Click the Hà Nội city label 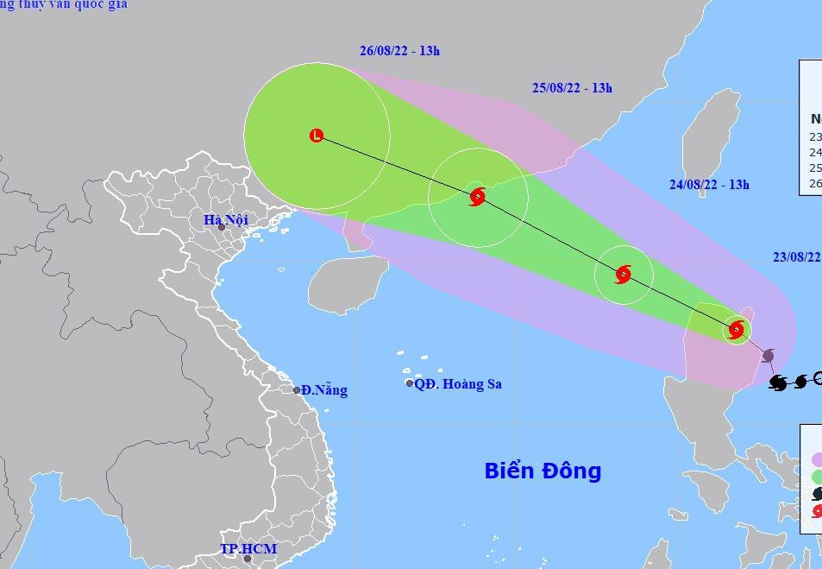[226, 220]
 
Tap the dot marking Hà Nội [222, 227]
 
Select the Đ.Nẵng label [324, 390]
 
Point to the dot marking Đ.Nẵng [297, 390]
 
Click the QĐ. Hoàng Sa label [458, 384]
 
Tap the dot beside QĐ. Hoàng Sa [410, 383]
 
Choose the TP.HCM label [248, 549]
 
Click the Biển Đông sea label [543, 471]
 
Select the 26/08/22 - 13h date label [399, 51]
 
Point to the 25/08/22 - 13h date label [572, 88]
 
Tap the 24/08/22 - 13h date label [709, 184]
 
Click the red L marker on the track [317, 136]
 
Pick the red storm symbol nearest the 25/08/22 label [477, 197]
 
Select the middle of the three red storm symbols [623, 275]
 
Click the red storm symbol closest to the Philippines [736, 329]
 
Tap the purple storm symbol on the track [768, 356]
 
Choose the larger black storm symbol [778, 382]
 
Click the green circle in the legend [816, 477]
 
